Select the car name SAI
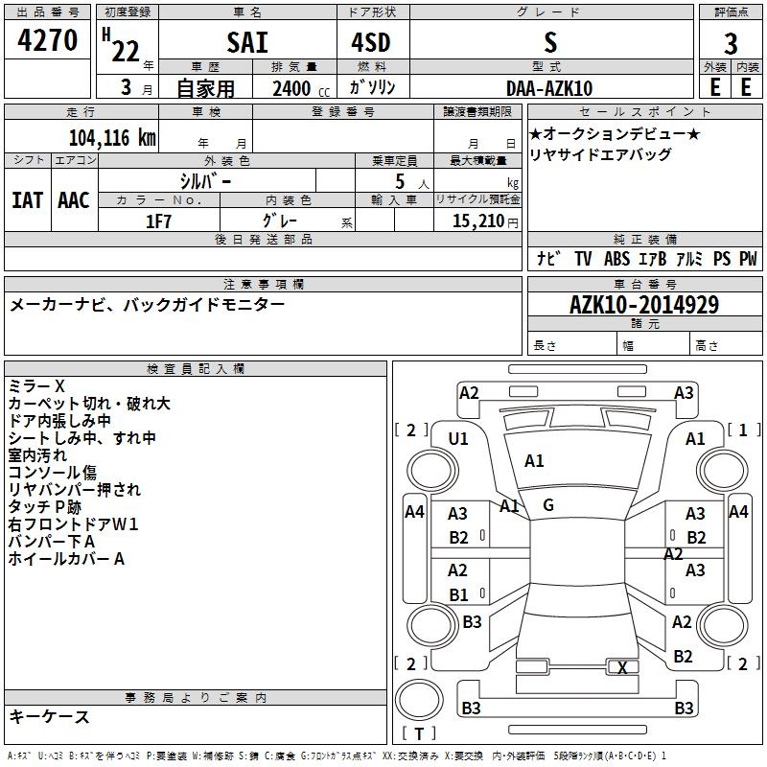click(247, 43)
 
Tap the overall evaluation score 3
click(731, 43)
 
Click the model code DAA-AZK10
click(549, 87)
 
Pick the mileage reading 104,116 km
click(113, 137)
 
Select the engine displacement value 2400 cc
click(293, 88)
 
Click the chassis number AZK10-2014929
click(644, 305)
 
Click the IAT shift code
click(27, 200)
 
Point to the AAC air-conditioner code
click(73, 200)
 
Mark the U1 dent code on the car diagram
click(458, 439)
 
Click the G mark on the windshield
click(548, 505)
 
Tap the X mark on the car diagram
click(622, 668)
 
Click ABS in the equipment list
click(616, 259)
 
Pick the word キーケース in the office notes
click(50, 717)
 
